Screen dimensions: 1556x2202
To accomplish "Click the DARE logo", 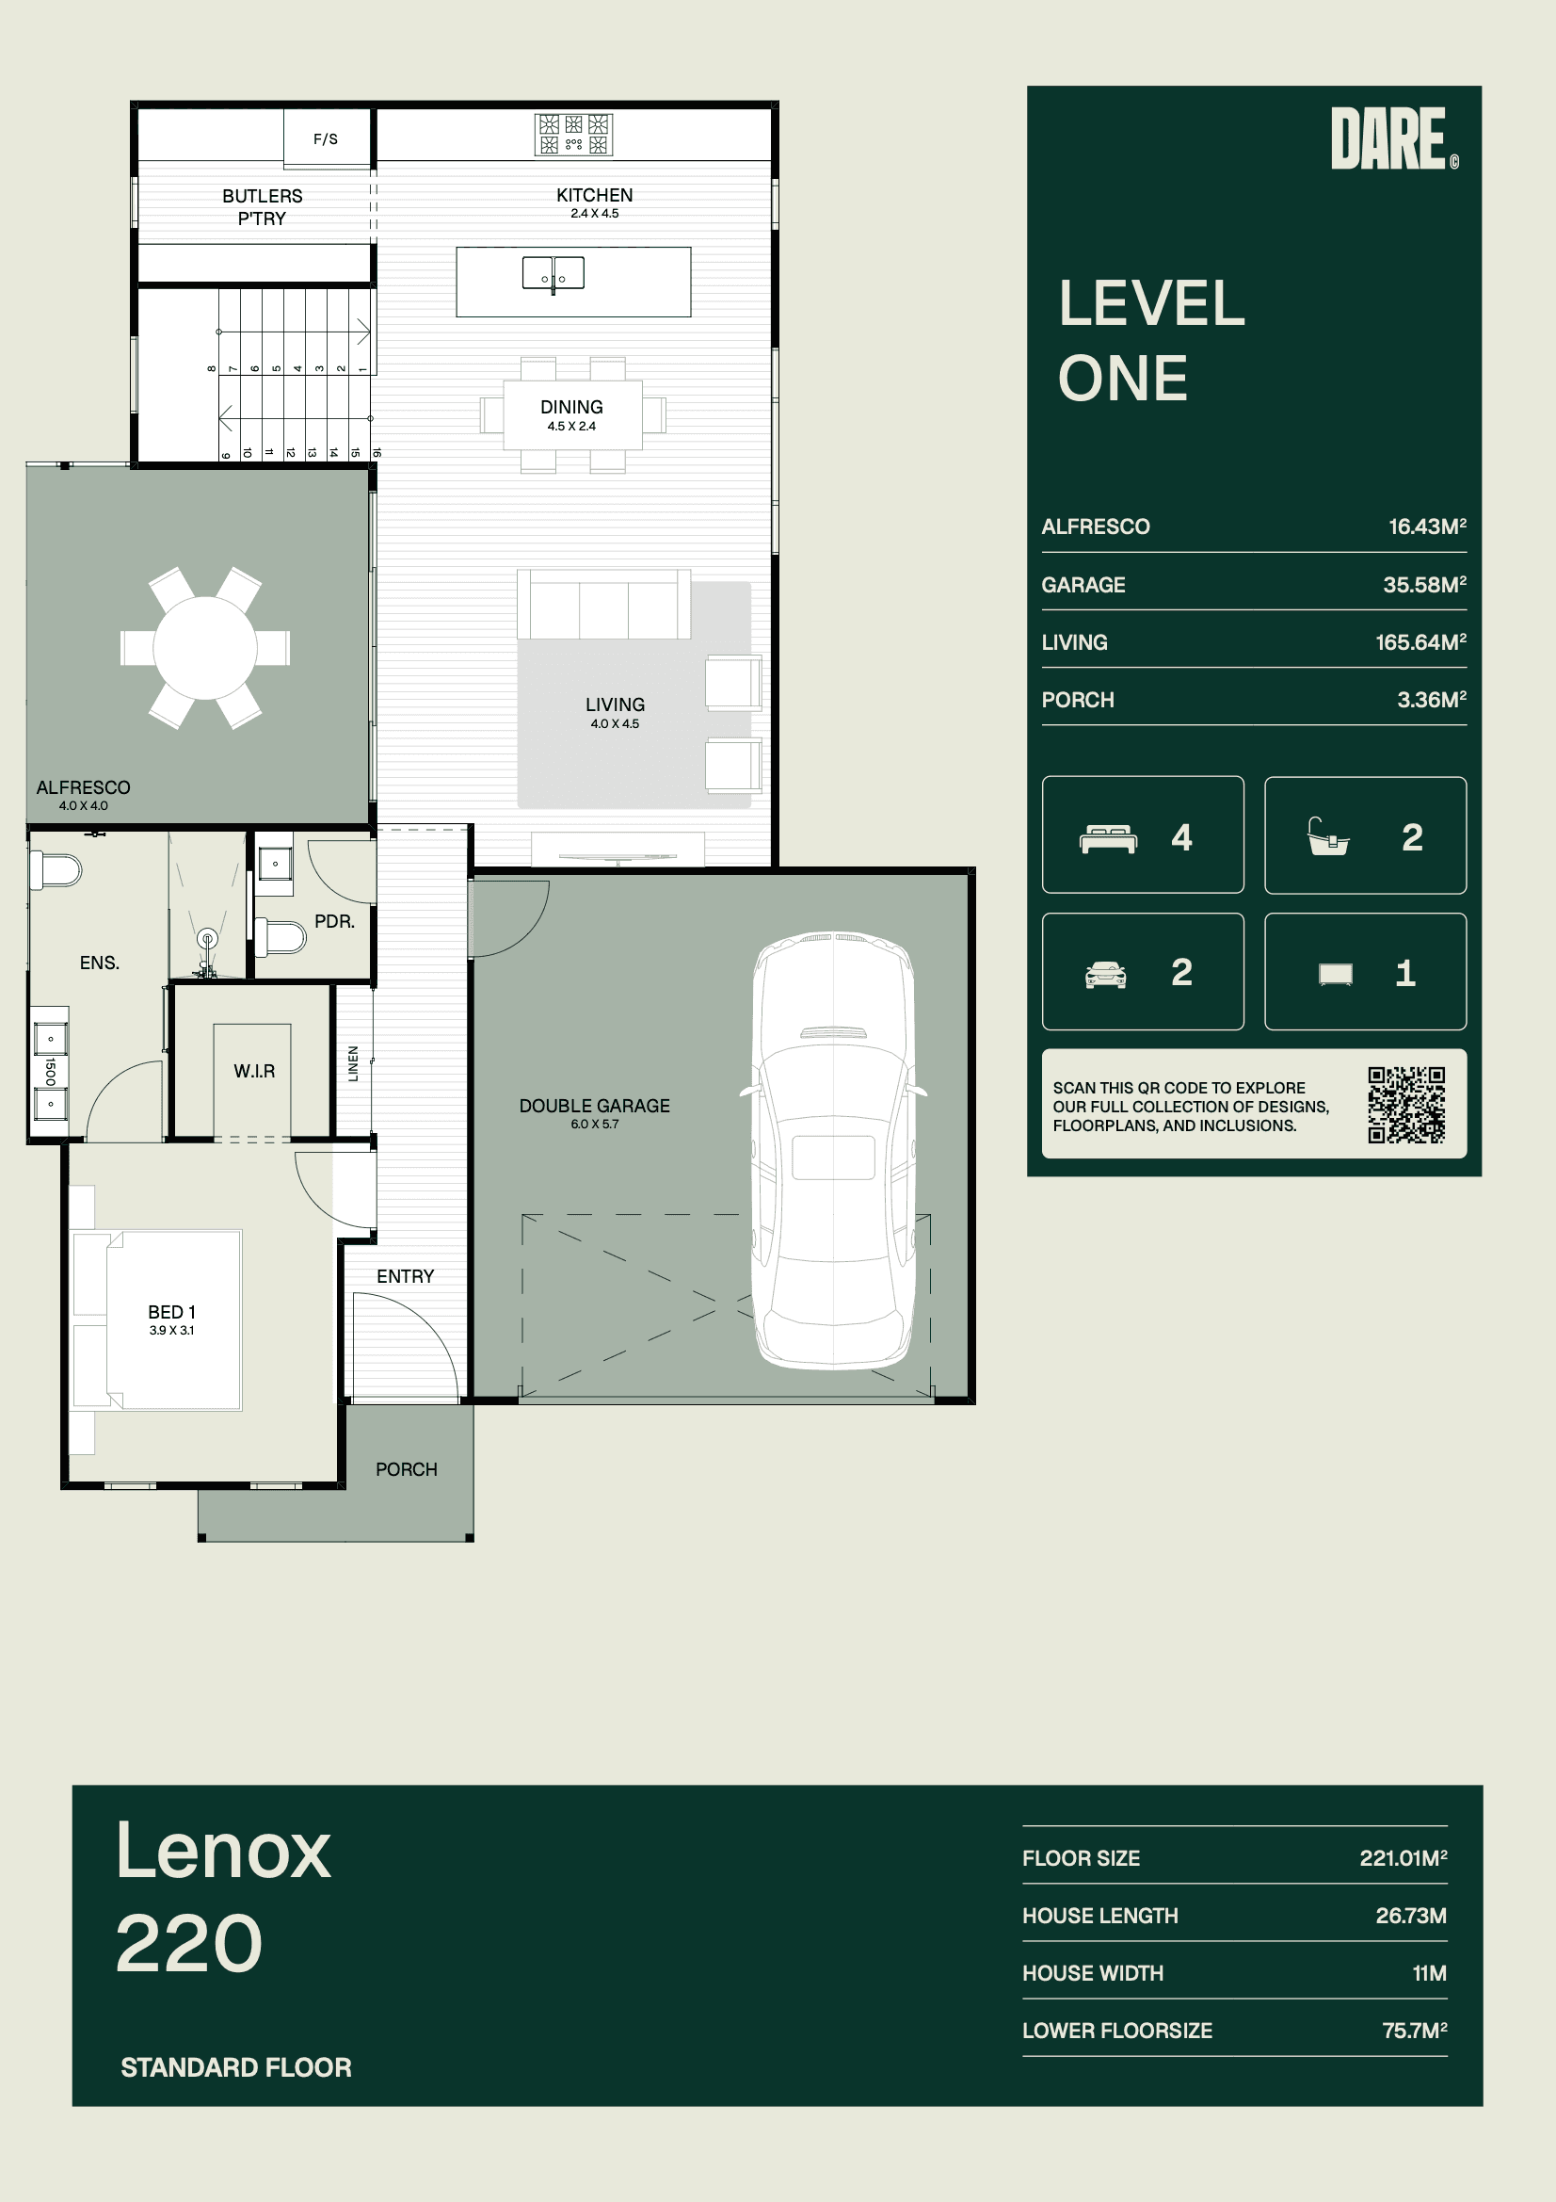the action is pyautogui.click(x=1394, y=138).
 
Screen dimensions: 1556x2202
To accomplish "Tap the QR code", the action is pyautogui.click(x=1405, y=1105).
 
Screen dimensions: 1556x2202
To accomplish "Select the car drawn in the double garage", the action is pyautogui.click(x=833, y=1150).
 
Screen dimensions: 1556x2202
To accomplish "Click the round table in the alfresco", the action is pyautogui.click(x=205, y=647).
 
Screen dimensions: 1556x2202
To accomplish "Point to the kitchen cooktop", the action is pyautogui.click(x=573, y=135).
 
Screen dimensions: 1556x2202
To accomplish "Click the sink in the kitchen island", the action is pyautogui.click(x=553, y=273).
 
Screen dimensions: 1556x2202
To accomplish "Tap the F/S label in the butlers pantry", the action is pyautogui.click(x=326, y=139).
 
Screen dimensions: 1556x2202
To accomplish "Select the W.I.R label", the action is pyautogui.click(x=254, y=1070).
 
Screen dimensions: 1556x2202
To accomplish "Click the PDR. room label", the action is pyautogui.click(x=334, y=921).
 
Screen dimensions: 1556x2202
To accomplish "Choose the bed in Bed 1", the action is pyautogui.click(x=157, y=1320).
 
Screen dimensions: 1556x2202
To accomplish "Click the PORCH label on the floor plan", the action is pyautogui.click(x=407, y=1469).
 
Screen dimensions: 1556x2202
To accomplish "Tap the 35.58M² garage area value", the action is pyautogui.click(x=1423, y=584).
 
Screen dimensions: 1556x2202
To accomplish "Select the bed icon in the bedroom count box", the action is pyautogui.click(x=1107, y=838).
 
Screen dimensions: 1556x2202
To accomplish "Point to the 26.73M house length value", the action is pyautogui.click(x=1410, y=1916).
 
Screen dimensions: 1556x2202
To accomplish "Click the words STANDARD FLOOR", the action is pyautogui.click(x=236, y=2066).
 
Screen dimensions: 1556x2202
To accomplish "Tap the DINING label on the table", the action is pyautogui.click(x=571, y=407).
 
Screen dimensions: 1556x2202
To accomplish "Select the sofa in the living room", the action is pyautogui.click(x=604, y=605).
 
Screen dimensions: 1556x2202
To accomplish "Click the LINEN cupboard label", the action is pyautogui.click(x=353, y=1063).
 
